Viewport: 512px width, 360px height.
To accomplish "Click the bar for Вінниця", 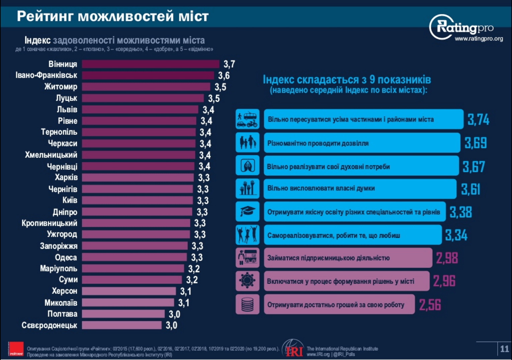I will coord(151,64).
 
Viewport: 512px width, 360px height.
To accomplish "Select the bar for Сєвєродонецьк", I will coord(122,325).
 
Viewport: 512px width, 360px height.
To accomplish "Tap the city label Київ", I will coord(70,200).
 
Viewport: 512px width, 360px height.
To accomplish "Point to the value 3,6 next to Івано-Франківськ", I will coord(224,76).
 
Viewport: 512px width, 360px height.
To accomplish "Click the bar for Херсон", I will coord(129,291).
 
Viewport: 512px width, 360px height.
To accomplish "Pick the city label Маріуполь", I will coord(59,269).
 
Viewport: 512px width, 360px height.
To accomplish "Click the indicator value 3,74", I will coord(478,119).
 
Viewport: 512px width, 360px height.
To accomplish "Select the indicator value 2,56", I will coord(430,305).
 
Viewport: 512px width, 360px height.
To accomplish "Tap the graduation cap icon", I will coord(247,211).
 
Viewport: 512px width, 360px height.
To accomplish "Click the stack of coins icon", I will coord(247,304).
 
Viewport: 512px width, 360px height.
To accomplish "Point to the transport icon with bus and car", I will coord(247,119).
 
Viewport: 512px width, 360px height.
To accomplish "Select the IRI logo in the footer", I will coord(293,349).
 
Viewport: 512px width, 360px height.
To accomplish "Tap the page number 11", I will coord(504,349).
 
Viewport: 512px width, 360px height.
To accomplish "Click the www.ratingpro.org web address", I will coord(479,39).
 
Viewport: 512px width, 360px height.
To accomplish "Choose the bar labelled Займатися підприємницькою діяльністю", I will coord(348,258).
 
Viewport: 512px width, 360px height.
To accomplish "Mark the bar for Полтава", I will coord(123,314).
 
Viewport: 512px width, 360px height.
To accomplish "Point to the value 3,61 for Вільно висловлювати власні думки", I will coord(471,189).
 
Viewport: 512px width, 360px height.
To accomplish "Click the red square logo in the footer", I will coord(16,349).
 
